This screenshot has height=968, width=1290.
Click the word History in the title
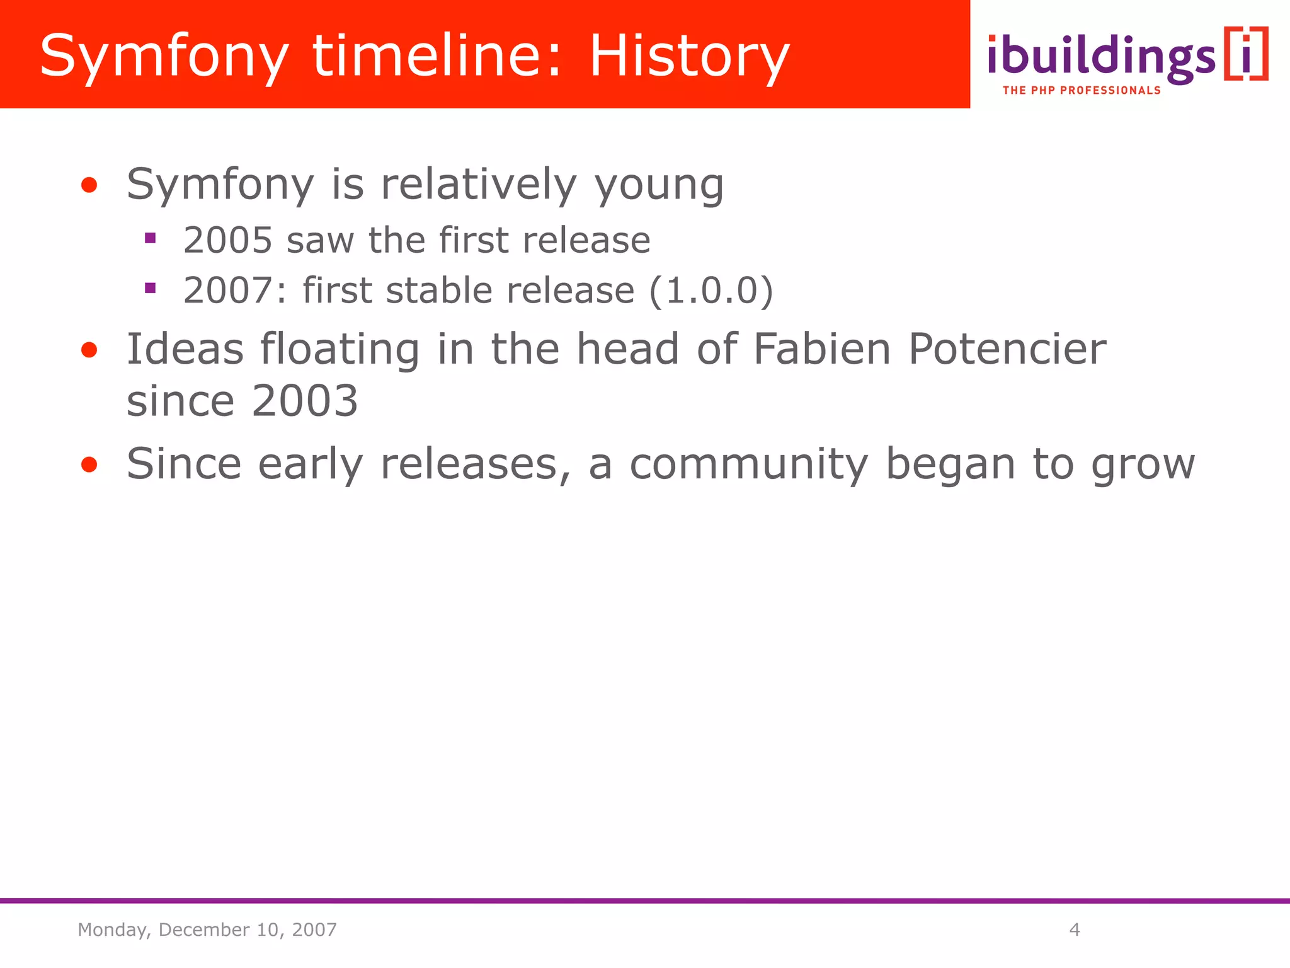689,57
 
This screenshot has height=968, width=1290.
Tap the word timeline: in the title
437,57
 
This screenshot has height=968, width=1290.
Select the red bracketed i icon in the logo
1245,54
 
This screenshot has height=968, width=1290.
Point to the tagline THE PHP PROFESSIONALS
1082,91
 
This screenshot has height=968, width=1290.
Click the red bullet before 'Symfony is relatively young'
89,185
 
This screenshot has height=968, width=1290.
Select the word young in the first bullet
659,185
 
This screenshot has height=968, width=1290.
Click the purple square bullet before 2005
150,238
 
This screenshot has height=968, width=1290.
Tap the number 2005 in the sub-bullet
227,240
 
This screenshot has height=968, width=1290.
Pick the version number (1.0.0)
711,291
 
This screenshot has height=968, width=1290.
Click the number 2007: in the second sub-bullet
234,291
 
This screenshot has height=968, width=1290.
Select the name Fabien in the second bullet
822,349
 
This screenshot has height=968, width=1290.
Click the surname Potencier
1007,349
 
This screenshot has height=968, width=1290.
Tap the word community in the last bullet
749,464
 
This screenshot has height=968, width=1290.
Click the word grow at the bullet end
1143,465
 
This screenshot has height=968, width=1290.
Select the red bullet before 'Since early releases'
89,465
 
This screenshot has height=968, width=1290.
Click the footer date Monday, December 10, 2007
207,930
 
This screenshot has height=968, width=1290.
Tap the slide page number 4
1075,930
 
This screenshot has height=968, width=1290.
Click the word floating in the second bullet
340,349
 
